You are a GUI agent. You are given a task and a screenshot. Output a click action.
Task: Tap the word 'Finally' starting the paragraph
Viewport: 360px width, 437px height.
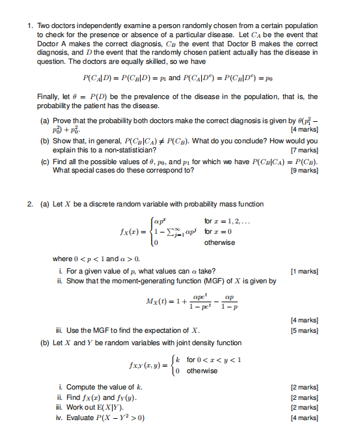(x=48, y=96)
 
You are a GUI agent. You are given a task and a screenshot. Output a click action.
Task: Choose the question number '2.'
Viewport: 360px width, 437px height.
(x=30, y=204)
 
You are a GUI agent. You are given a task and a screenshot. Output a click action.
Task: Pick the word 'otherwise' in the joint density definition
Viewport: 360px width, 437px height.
(x=202, y=371)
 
